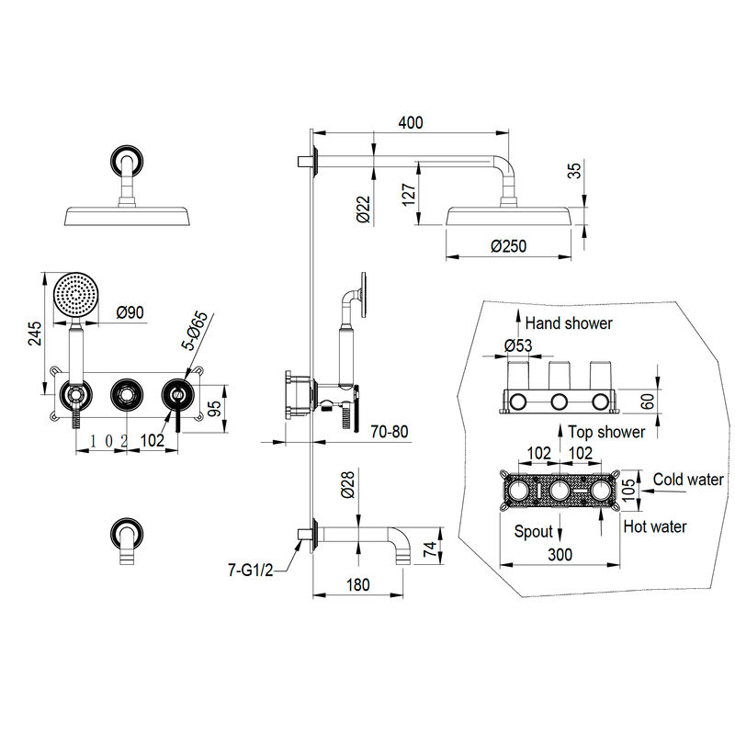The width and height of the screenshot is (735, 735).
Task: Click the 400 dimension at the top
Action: (x=411, y=122)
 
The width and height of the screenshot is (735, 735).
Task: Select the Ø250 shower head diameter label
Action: (x=509, y=245)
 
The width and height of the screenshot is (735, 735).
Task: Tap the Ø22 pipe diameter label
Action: (x=363, y=209)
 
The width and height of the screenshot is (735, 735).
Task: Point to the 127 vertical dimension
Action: (x=409, y=194)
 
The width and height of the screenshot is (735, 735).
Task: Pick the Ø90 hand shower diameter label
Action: (x=130, y=312)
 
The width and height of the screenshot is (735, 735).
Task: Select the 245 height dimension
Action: (x=35, y=334)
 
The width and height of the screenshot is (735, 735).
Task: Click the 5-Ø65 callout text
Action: (x=195, y=331)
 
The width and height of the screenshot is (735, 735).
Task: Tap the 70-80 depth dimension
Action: (x=389, y=431)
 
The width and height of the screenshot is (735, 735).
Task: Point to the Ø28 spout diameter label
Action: (x=348, y=485)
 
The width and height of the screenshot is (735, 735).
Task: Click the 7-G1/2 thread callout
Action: (x=250, y=570)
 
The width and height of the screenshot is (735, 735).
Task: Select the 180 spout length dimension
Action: (x=358, y=584)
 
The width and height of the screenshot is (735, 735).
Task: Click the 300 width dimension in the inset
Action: (x=560, y=555)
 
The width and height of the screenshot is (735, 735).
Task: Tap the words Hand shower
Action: (x=569, y=323)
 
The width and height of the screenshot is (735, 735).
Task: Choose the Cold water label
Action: (x=688, y=479)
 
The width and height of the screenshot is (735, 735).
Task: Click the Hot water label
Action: (x=655, y=526)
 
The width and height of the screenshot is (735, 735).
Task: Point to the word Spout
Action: (x=534, y=532)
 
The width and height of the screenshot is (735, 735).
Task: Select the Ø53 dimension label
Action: (x=518, y=345)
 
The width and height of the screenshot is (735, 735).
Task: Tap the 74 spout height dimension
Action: (x=430, y=548)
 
